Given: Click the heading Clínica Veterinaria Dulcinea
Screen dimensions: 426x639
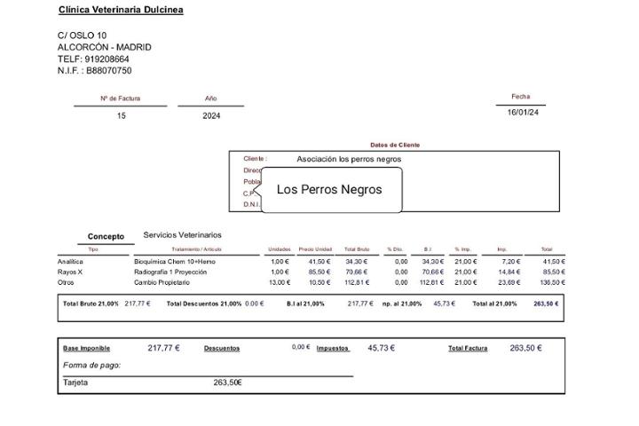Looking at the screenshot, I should pos(121,10).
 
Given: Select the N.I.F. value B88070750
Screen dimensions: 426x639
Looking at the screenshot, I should pos(108,71).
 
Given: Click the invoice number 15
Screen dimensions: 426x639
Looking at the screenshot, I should pos(122,116).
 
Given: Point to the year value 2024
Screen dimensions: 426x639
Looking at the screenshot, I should pos(211,116).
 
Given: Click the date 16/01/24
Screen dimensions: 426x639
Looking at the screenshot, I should pos(523,113).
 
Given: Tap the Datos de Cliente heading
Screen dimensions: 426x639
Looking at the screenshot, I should pos(395,145).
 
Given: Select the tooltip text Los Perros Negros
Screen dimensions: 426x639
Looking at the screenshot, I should pos(329,190).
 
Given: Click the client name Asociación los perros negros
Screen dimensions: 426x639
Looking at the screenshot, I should pos(349,160).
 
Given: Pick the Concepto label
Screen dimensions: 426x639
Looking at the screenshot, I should pos(106,237).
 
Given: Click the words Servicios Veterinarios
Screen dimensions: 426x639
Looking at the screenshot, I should pos(182,235).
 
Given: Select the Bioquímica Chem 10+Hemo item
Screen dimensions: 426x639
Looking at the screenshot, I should pos(175,262).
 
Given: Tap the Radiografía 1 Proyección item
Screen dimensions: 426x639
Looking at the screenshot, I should pos(170,272).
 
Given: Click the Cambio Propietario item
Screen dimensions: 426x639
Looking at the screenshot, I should pos(162,282).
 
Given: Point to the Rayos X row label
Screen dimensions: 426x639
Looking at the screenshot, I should pos(70,272).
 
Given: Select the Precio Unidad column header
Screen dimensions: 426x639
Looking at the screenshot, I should pos(315,249).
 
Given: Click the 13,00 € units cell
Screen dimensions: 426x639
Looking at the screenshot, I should pos(280,282).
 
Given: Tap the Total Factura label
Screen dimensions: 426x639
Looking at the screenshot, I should pos(468,349).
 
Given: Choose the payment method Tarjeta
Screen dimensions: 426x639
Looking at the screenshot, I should pos(75,383).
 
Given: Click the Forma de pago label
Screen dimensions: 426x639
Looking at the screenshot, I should pos(91,366).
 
